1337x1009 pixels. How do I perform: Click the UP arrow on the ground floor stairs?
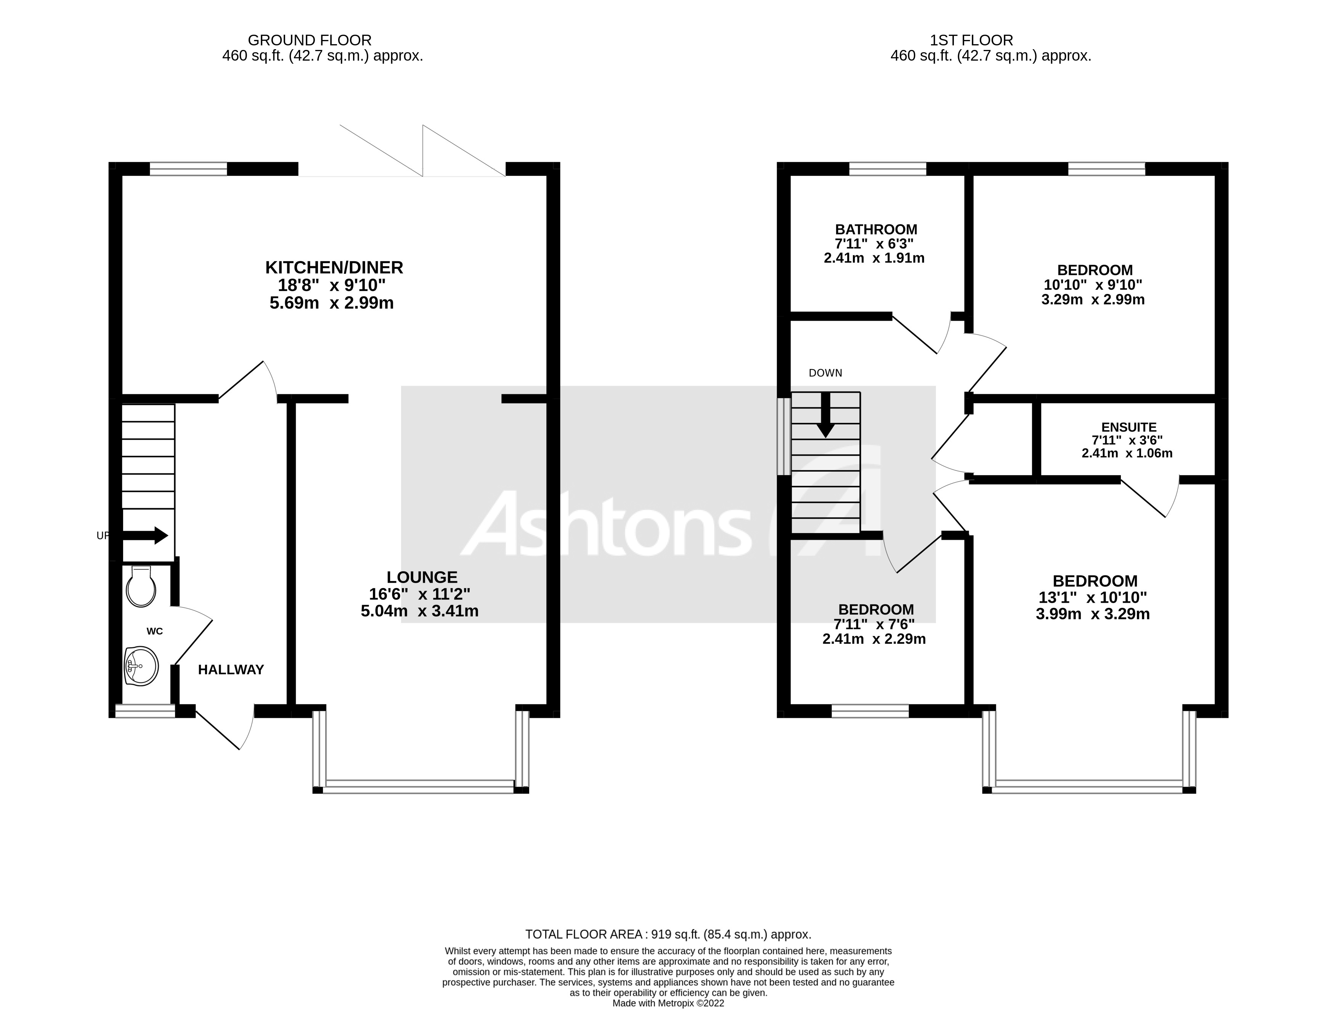pyautogui.click(x=146, y=535)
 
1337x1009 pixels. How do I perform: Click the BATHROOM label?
pyautogui.click(x=876, y=230)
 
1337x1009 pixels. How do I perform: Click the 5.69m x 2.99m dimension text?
pyautogui.click(x=331, y=303)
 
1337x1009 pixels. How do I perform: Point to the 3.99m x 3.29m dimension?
pyautogui.click(x=1092, y=615)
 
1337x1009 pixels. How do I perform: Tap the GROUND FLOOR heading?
pyautogui.click(x=310, y=40)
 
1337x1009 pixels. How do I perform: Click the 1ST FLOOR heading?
pyautogui.click(x=971, y=40)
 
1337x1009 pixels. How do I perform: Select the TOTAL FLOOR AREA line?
pyautogui.click(x=668, y=934)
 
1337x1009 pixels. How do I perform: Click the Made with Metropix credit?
pyautogui.click(x=668, y=1003)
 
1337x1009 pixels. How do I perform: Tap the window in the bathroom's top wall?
pyautogui.click(x=887, y=169)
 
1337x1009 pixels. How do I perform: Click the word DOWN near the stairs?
pyautogui.click(x=825, y=373)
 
